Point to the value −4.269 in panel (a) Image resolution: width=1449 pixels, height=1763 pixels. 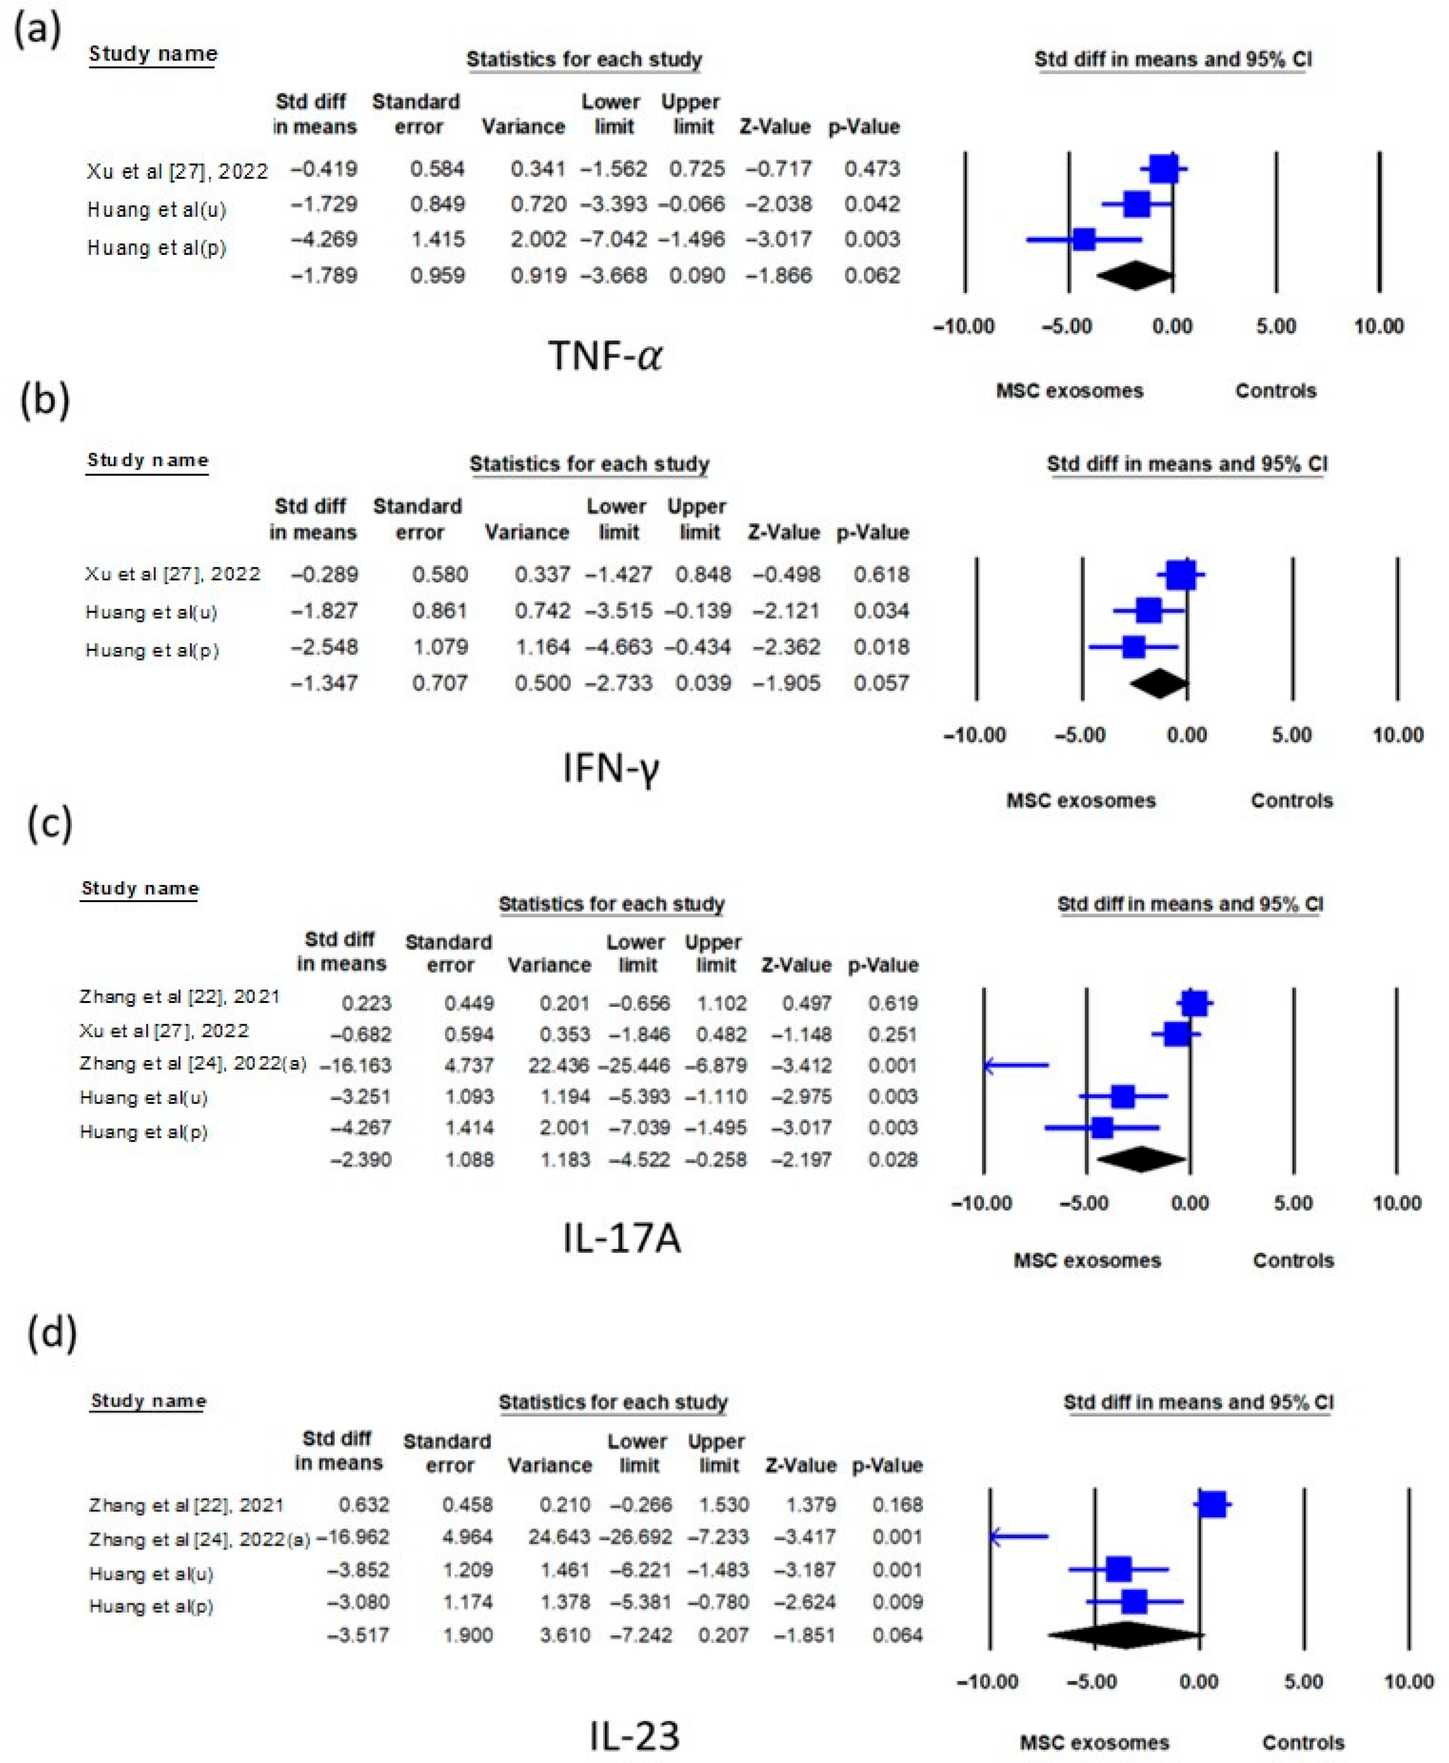pyautogui.click(x=324, y=240)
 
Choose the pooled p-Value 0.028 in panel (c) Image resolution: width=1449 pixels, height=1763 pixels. pyautogui.click(x=892, y=1159)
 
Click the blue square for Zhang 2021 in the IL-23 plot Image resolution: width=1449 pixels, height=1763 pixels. pyautogui.click(x=1212, y=1505)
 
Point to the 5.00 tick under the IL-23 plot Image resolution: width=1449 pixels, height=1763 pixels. pyautogui.click(x=1303, y=1681)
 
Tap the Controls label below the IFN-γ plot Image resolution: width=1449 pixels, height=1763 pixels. pyautogui.click(x=1291, y=800)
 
